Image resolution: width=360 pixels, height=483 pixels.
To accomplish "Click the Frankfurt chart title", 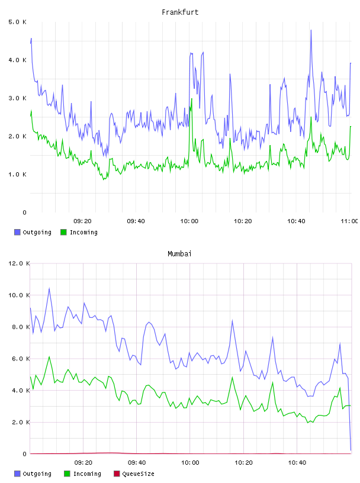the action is coord(180,12).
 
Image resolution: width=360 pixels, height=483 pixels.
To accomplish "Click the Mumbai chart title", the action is coord(179,254).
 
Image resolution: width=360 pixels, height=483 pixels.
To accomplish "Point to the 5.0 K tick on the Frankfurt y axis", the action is coord(18,22).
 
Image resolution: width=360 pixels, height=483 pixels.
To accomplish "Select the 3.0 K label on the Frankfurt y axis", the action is coord(18,98).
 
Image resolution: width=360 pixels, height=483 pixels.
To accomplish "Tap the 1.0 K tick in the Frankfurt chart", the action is coord(18,175).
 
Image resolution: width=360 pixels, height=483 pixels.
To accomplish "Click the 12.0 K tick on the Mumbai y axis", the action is coord(19,263).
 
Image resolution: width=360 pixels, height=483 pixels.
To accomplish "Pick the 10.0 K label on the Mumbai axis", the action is coord(19,295).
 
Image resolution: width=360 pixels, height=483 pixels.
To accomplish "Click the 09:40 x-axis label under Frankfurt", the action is coord(136,221).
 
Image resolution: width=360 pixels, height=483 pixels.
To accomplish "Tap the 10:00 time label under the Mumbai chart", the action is coord(190,463).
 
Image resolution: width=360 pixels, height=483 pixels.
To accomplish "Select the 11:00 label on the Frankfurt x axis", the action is coord(349,221).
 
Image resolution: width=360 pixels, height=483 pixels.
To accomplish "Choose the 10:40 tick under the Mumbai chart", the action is coord(297,463).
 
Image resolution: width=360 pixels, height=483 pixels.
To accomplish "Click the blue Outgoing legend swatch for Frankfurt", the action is coord(17,232).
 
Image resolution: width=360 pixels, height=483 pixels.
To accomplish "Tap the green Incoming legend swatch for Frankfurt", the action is coord(63,232).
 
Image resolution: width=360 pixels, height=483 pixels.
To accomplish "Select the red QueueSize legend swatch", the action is coord(117,474).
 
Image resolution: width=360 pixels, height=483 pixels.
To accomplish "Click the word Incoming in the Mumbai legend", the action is coord(87,474).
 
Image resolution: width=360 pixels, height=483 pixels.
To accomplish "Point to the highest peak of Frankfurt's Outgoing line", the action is coord(311,30).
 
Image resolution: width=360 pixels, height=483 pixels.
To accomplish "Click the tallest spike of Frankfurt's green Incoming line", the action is coord(191,99).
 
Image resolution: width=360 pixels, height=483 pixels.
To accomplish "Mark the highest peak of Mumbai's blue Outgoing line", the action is coord(49,289).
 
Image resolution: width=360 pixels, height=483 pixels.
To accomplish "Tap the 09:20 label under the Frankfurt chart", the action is coord(83,221).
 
